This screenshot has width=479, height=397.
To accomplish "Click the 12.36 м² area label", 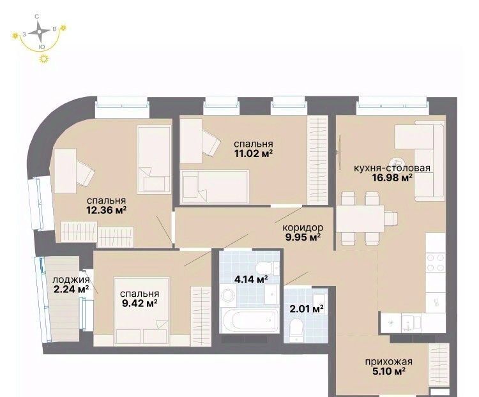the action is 107,210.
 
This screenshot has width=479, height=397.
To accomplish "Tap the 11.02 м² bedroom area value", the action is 254,153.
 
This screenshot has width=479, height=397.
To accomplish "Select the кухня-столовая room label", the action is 392,168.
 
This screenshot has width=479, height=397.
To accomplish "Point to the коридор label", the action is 303,227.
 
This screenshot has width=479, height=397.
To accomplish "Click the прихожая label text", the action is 388,362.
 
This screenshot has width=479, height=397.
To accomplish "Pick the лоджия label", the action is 71,280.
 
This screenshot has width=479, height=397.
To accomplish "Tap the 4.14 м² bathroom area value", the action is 251,279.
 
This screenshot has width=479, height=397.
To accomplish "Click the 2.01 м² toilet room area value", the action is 307,309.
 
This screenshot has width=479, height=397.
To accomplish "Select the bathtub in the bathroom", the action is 250,320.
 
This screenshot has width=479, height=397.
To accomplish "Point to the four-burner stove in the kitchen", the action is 436,262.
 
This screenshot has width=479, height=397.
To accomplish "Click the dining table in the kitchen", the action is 360,218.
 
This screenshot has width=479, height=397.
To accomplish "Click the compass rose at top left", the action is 39,31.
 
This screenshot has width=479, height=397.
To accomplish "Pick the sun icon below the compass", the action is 45,59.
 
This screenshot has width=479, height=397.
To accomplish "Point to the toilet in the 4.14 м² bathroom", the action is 264,268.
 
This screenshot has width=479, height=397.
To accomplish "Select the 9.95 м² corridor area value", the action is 303,237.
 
